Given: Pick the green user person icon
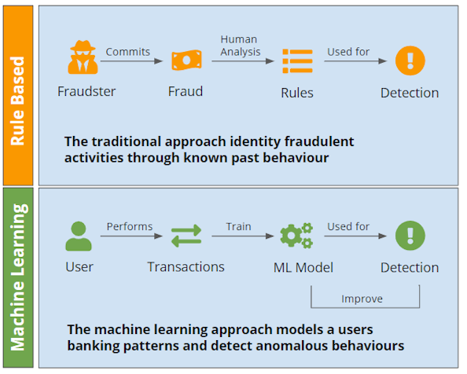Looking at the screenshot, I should click(x=79, y=235).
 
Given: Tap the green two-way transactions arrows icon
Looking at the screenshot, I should click(x=186, y=235).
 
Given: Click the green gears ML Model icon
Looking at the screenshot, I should click(x=296, y=235).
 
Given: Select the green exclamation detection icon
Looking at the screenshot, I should click(x=409, y=235).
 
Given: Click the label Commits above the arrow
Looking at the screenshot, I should click(x=127, y=52).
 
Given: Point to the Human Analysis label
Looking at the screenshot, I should click(x=239, y=46).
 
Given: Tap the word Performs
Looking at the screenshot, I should click(x=130, y=226).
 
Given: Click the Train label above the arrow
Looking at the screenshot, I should click(x=238, y=226).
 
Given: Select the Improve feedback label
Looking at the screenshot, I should click(x=362, y=299).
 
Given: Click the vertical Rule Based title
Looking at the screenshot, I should click(x=19, y=100).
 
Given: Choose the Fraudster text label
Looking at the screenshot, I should click(x=86, y=92).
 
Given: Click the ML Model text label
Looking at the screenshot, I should click(x=303, y=268).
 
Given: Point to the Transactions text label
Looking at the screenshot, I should click(x=186, y=268).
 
